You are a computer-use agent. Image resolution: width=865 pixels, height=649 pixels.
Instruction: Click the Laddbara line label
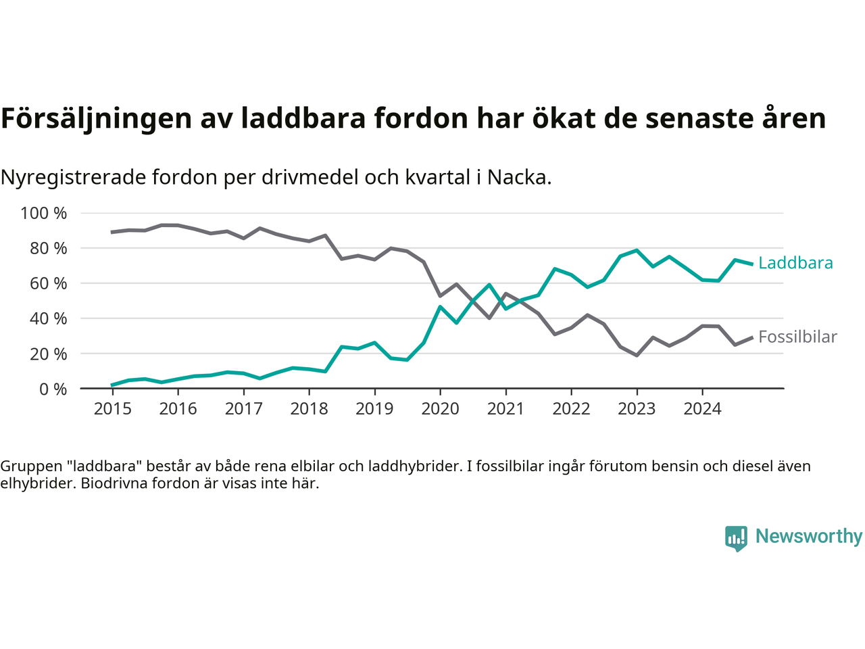(x=795, y=263)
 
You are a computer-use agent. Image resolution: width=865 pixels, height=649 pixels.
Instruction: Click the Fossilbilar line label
(x=797, y=337)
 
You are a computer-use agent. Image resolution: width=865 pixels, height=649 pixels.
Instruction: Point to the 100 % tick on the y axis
(x=44, y=214)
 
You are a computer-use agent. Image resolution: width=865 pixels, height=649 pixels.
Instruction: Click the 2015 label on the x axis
(x=112, y=409)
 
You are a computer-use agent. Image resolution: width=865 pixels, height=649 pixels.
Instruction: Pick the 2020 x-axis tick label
(x=440, y=409)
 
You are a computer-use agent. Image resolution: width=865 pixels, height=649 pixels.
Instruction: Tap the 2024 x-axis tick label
(x=702, y=409)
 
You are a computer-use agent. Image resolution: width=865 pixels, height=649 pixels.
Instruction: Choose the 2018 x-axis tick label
(x=309, y=409)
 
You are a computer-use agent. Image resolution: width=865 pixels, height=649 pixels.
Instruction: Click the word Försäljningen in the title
(x=97, y=118)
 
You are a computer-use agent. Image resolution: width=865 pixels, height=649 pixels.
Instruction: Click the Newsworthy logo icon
(x=736, y=538)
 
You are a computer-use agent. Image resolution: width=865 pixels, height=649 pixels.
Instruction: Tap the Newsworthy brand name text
(x=809, y=536)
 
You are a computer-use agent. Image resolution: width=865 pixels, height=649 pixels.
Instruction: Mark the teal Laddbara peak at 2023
(x=637, y=250)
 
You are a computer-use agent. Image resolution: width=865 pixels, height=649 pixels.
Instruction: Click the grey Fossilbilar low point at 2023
(x=637, y=355)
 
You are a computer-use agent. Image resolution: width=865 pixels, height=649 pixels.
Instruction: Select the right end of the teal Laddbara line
(x=751, y=264)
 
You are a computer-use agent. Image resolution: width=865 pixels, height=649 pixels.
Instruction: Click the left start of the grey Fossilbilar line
(x=112, y=232)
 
